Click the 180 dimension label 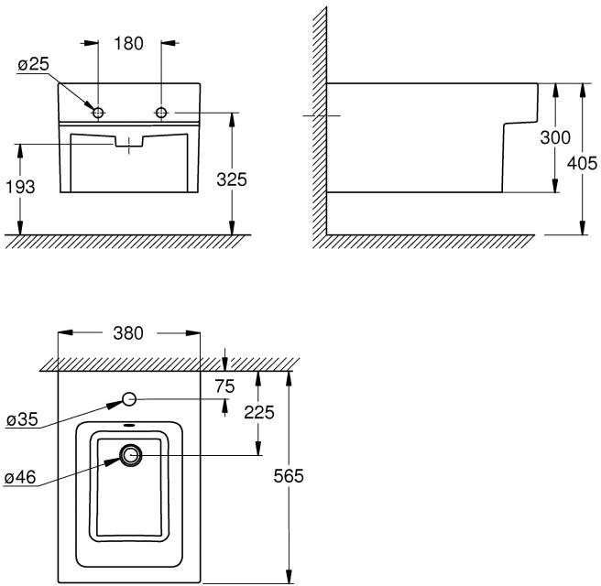[129, 43]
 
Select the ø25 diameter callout [31, 66]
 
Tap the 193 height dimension [20, 187]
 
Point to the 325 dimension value [233, 180]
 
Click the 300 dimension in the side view [555, 138]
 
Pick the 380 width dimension [127, 334]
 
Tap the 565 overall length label [290, 476]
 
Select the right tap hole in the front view [162, 113]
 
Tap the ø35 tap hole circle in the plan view [129, 399]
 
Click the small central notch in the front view [129, 143]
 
